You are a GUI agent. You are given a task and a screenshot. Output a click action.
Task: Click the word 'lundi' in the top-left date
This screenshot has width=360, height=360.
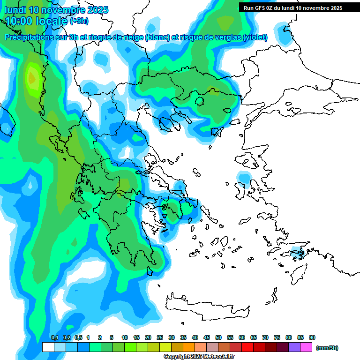click(15, 10)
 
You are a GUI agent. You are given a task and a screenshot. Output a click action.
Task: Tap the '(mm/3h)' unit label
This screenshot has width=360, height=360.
click(327, 348)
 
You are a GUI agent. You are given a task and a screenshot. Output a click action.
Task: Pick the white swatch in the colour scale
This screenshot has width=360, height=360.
click(48, 347)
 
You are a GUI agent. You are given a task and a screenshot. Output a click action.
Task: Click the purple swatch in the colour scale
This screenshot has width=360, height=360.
click(294, 347)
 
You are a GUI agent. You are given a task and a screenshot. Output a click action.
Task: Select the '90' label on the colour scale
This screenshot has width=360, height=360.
click(312, 337)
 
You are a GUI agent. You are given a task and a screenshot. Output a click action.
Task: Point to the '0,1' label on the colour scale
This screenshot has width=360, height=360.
click(54, 337)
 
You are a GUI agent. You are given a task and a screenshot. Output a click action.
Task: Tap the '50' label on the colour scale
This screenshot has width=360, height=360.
click(218, 337)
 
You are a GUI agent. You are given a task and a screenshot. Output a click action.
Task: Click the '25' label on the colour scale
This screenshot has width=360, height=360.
click(160, 337)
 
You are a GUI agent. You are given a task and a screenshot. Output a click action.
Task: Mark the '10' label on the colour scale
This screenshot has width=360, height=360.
click(125, 337)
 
